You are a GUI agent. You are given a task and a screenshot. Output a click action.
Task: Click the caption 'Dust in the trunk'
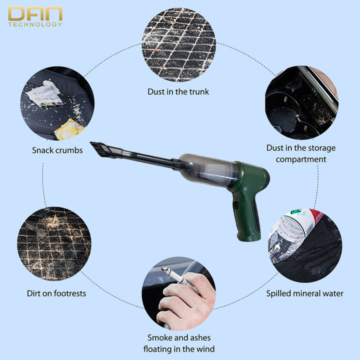pos(178,91)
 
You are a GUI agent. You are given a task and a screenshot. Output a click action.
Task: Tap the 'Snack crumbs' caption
pos(57,150)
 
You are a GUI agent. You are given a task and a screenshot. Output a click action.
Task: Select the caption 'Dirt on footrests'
pos(56,293)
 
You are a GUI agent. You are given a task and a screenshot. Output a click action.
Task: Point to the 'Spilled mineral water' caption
pos(304,293)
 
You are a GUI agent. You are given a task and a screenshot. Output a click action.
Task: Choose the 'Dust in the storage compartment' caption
pos(300,153)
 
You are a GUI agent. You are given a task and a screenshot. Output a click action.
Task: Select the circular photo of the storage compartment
pos(301,102)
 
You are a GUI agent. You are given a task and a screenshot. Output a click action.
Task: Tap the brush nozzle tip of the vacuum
pos(100,148)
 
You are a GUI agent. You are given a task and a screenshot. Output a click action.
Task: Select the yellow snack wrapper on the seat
pos(69,129)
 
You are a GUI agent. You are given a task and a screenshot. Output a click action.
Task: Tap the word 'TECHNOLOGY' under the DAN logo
pos(35,24)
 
